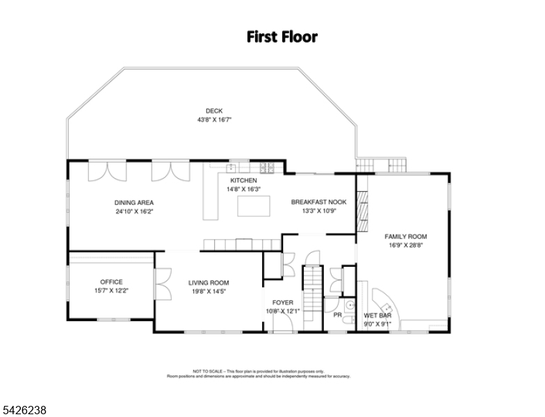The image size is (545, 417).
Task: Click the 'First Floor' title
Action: click(282, 37)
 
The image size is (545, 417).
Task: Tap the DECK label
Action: click(214, 111)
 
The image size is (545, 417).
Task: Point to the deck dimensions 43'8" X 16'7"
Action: click(214, 120)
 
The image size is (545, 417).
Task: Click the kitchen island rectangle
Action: click(254, 206)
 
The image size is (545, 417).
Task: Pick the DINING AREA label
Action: click(134, 202)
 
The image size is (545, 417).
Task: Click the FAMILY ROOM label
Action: click(405, 236)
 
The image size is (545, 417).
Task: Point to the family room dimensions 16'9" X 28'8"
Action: click(405, 245)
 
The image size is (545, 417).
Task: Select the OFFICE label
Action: click(111, 281)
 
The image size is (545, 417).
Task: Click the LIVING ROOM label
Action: click(209, 282)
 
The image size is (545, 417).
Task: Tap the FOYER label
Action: click(282, 302)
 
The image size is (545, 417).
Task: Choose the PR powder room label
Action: click(338, 315)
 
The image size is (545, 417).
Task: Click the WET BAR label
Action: click(377, 315)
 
